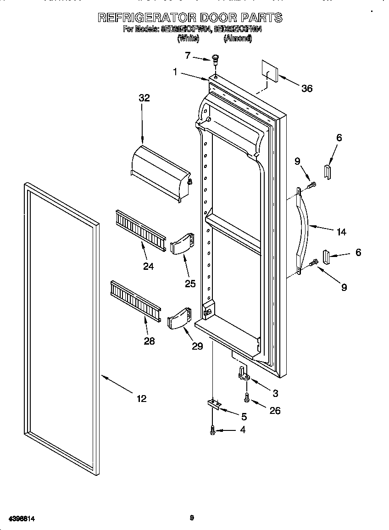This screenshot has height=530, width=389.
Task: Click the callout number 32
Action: [x=144, y=98]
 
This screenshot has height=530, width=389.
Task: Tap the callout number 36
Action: [x=307, y=89]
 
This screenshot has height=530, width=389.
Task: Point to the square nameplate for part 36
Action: [x=270, y=70]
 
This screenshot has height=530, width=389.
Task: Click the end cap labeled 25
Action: [x=182, y=242]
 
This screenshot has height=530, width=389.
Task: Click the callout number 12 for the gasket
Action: [x=142, y=398]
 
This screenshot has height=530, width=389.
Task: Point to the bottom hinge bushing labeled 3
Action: [x=243, y=373]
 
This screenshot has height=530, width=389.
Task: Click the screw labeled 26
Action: [x=247, y=397]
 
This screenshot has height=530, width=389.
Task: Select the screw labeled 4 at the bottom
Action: [x=212, y=430]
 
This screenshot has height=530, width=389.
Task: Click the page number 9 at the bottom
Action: [x=192, y=518]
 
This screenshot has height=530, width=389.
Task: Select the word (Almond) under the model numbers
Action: [x=237, y=39]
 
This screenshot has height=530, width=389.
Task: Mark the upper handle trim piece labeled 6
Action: [x=327, y=172]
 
